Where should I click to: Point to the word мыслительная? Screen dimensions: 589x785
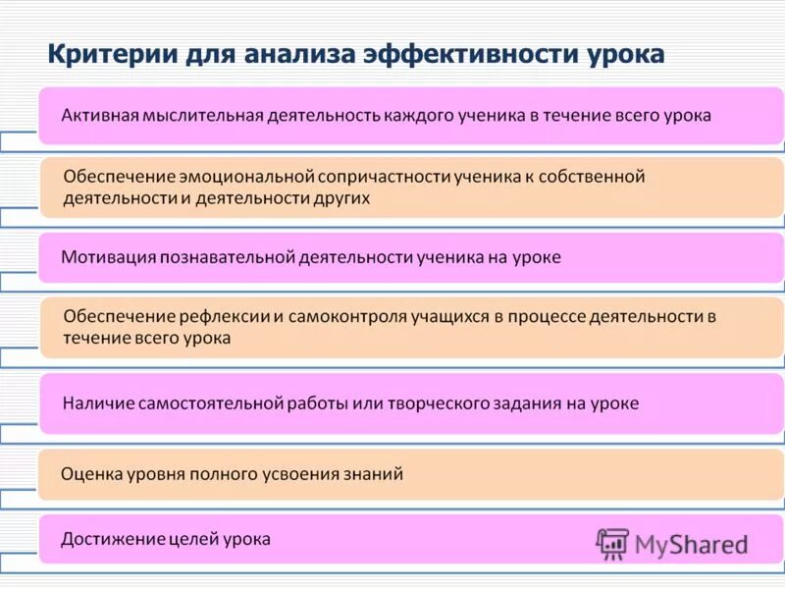click(x=201, y=115)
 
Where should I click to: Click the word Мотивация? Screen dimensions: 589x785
click(x=105, y=257)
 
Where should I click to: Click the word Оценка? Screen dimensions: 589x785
click(x=90, y=474)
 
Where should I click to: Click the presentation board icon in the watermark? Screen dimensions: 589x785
click(x=612, y=543)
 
